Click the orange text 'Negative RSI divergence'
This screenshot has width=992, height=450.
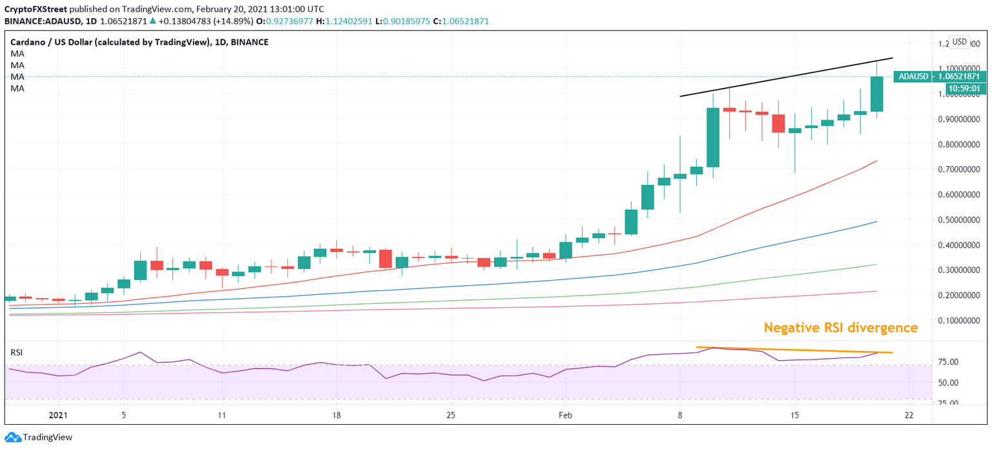pos(840,328)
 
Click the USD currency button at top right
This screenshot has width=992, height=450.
pos(959,42)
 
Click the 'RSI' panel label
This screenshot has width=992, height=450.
pos(17,352)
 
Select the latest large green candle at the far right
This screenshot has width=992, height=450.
pos(876,94)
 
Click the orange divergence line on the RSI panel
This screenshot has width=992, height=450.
pos(794,350)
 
